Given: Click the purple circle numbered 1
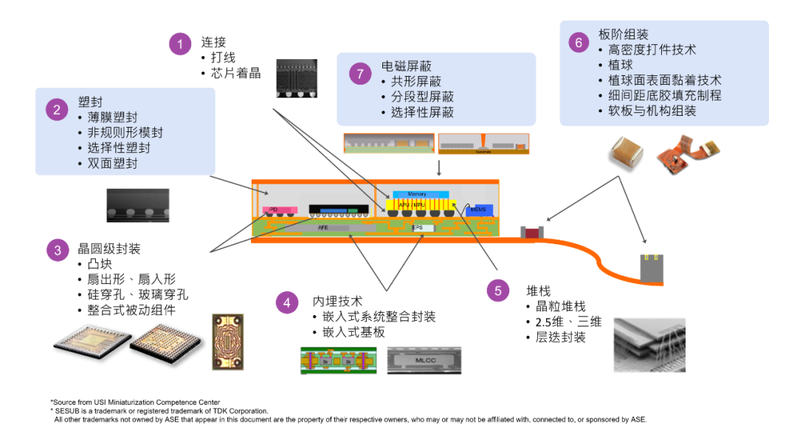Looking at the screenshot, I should (179, 44).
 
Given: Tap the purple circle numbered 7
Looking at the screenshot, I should (359, 74).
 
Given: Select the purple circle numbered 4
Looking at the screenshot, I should (287, 302).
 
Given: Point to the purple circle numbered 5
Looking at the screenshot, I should (498, 291).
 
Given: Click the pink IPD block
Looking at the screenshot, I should (280, 210).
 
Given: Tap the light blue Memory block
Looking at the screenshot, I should (416, 194).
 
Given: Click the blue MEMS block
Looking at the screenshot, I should (479, 211).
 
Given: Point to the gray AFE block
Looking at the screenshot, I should (322, 229).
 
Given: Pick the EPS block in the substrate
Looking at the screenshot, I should (418, 228).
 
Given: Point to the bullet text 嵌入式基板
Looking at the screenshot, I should (353, 333).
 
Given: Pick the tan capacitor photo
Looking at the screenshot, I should (628, 153).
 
